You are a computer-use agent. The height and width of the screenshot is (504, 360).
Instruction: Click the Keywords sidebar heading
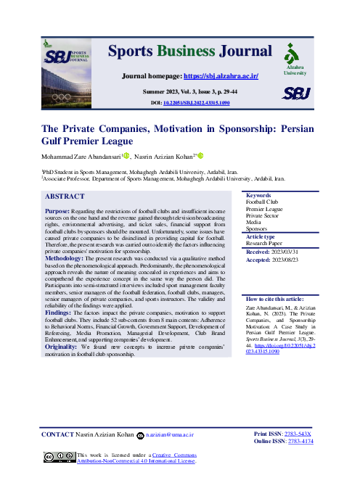[258, 196]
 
